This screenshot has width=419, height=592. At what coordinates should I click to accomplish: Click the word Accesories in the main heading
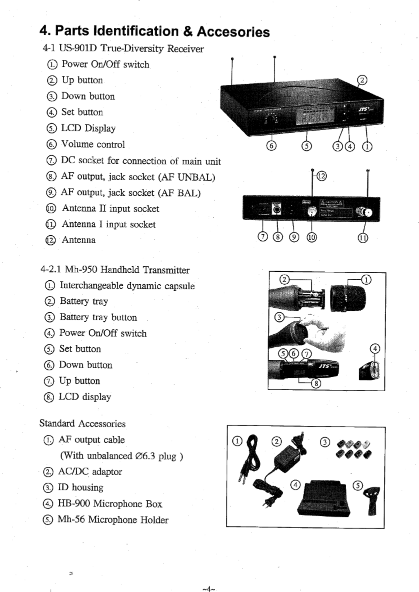(x=233, y=32)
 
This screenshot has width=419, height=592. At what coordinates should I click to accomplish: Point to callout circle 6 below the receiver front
(x=271, y=146)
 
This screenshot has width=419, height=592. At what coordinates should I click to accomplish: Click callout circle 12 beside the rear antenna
(x=321, y=176)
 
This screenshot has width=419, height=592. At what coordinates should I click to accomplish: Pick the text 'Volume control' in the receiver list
(x=93, y=144)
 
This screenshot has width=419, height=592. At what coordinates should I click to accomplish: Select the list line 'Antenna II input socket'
(x=110, y=208)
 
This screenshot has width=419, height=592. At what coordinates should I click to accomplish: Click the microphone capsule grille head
(x=348, y=298)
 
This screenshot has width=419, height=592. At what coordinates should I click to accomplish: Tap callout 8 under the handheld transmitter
(x=316, y=383)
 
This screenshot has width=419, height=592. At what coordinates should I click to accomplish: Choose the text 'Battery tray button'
(x=98, y=317)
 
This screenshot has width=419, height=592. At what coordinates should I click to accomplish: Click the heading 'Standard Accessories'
(x=82, y=424)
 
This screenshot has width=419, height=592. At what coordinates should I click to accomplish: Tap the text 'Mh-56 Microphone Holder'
(x=113, y=520)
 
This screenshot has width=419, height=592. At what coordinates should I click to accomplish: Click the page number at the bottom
(x=208, y=589)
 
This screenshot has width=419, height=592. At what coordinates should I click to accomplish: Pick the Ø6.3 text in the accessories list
(x=144, y=456)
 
